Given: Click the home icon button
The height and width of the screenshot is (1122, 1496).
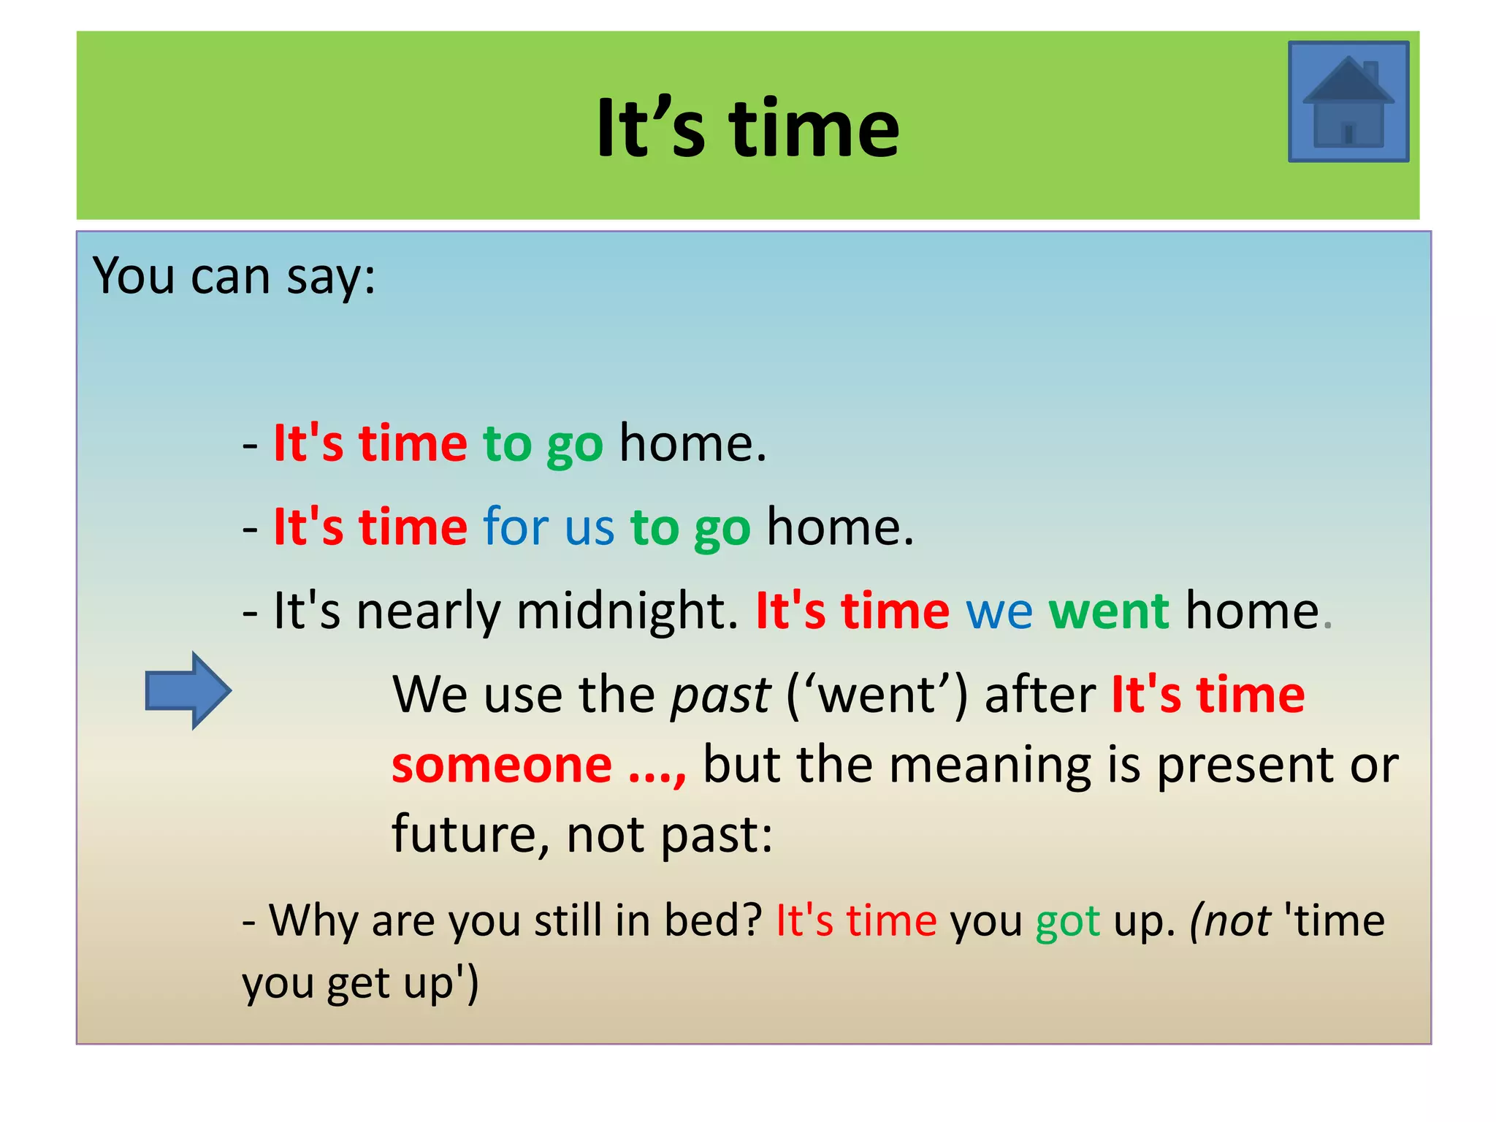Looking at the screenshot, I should [x=1348, y=102].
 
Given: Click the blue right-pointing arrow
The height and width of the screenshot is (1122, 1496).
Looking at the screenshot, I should [x=188, y=690].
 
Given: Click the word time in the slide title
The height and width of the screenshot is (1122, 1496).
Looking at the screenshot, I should [x=814, y=129].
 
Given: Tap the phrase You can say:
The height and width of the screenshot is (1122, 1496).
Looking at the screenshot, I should [x=234, y=277].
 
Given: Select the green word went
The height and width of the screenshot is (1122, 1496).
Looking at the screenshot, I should [x=1108, y=611].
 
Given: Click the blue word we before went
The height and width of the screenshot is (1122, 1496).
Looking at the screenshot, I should [x=999, y=612].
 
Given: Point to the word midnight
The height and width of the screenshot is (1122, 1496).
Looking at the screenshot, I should [x=627, y=611].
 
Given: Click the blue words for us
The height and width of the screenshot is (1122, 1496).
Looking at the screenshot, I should [x=549, y=527].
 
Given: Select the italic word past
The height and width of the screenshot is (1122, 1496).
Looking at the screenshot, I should [x=720, y=695].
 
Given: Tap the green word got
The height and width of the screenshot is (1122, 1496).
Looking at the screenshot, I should [x=1067, y=922].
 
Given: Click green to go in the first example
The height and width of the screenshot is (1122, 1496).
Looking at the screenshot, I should [x=543, y=445].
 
